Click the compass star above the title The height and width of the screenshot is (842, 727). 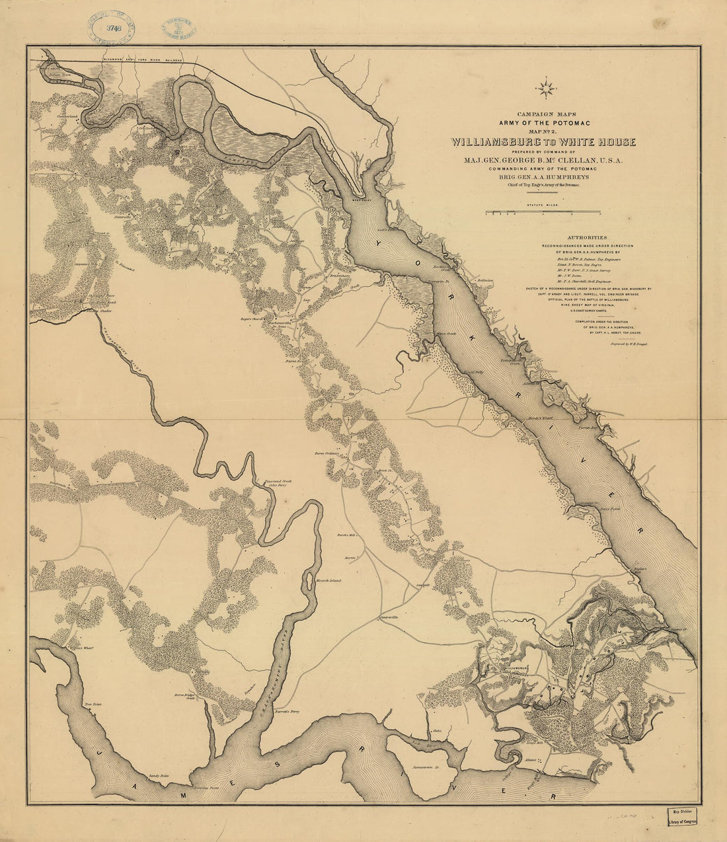pos(547,87)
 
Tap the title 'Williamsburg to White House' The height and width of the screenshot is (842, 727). pos(543,142)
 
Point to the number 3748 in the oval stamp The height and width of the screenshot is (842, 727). pos(110,28)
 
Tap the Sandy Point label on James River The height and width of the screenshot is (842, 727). pos(159,775)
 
